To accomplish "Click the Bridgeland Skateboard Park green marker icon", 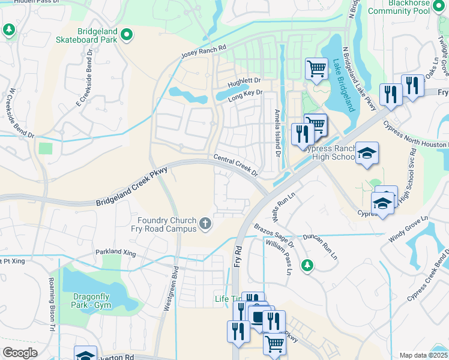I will click(126, 35).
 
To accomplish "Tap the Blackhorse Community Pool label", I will click(399, 7).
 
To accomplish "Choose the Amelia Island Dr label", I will click(277, 133).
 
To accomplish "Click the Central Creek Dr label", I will click(236, 166).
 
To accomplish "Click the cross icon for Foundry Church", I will click(205, 224).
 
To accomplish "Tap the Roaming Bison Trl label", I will click(52, 307).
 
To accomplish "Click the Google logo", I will click(20, 353).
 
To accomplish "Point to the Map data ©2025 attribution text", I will click(423, 355).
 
